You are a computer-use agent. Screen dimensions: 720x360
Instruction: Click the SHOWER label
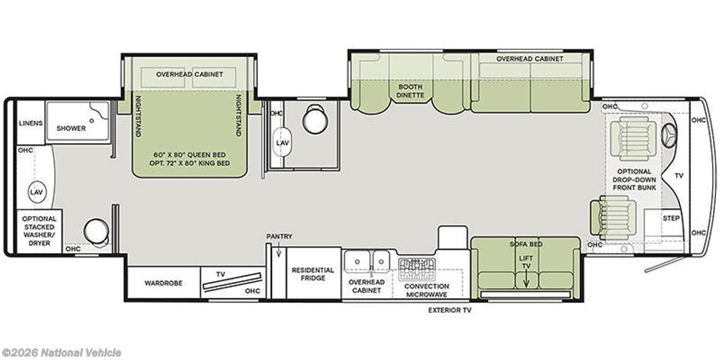tap(71, 129)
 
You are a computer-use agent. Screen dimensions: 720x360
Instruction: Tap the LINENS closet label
tap(31, 123)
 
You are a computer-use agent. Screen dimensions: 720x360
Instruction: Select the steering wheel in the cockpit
tap(669, 136)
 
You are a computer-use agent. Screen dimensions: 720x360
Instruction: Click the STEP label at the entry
tap(671, 218)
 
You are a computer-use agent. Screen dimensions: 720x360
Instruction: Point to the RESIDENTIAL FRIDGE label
tap(313, 274)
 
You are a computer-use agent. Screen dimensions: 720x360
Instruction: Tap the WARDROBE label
tap(163, 283)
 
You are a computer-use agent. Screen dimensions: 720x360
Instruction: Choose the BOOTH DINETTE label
tap(411, 91)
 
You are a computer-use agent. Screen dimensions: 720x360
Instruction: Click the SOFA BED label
tap(526, 244)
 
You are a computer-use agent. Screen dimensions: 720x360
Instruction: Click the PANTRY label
tap(279, 236)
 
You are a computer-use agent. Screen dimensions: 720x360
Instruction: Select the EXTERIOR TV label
tap(449, 310)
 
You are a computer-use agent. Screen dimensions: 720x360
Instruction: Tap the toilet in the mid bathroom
tap(316, 120)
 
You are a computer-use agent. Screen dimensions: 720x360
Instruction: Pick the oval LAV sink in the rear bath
tap(37, 192)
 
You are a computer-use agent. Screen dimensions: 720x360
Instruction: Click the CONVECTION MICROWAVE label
tap(427, 290)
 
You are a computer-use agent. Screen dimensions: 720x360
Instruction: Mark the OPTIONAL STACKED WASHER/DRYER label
tap(39, 231)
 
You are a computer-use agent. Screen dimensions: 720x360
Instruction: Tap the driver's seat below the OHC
tap(634, 138)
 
